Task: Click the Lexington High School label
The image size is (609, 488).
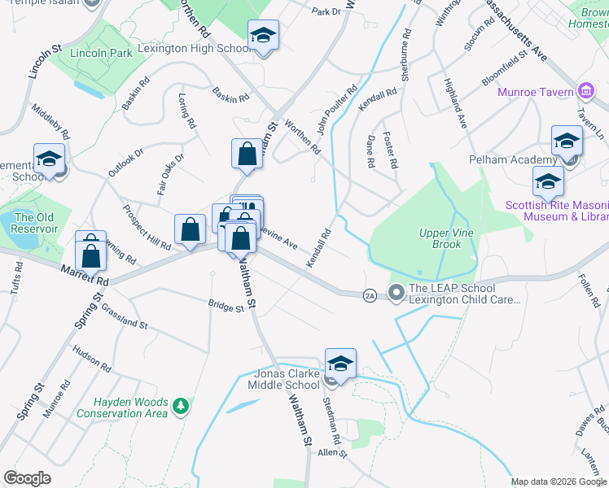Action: point(194,49)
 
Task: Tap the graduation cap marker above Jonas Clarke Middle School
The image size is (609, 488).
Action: point(341,363)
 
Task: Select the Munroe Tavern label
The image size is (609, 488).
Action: point(537,92)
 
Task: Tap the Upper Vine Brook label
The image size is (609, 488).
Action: point(440,238)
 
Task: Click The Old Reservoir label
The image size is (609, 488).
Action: point(35,223)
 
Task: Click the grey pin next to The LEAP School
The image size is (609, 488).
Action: point(397,291)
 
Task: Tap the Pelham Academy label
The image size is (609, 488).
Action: point(512,159)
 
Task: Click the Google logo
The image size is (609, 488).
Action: point(27,478)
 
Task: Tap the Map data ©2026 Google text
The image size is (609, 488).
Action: point(558,481)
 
